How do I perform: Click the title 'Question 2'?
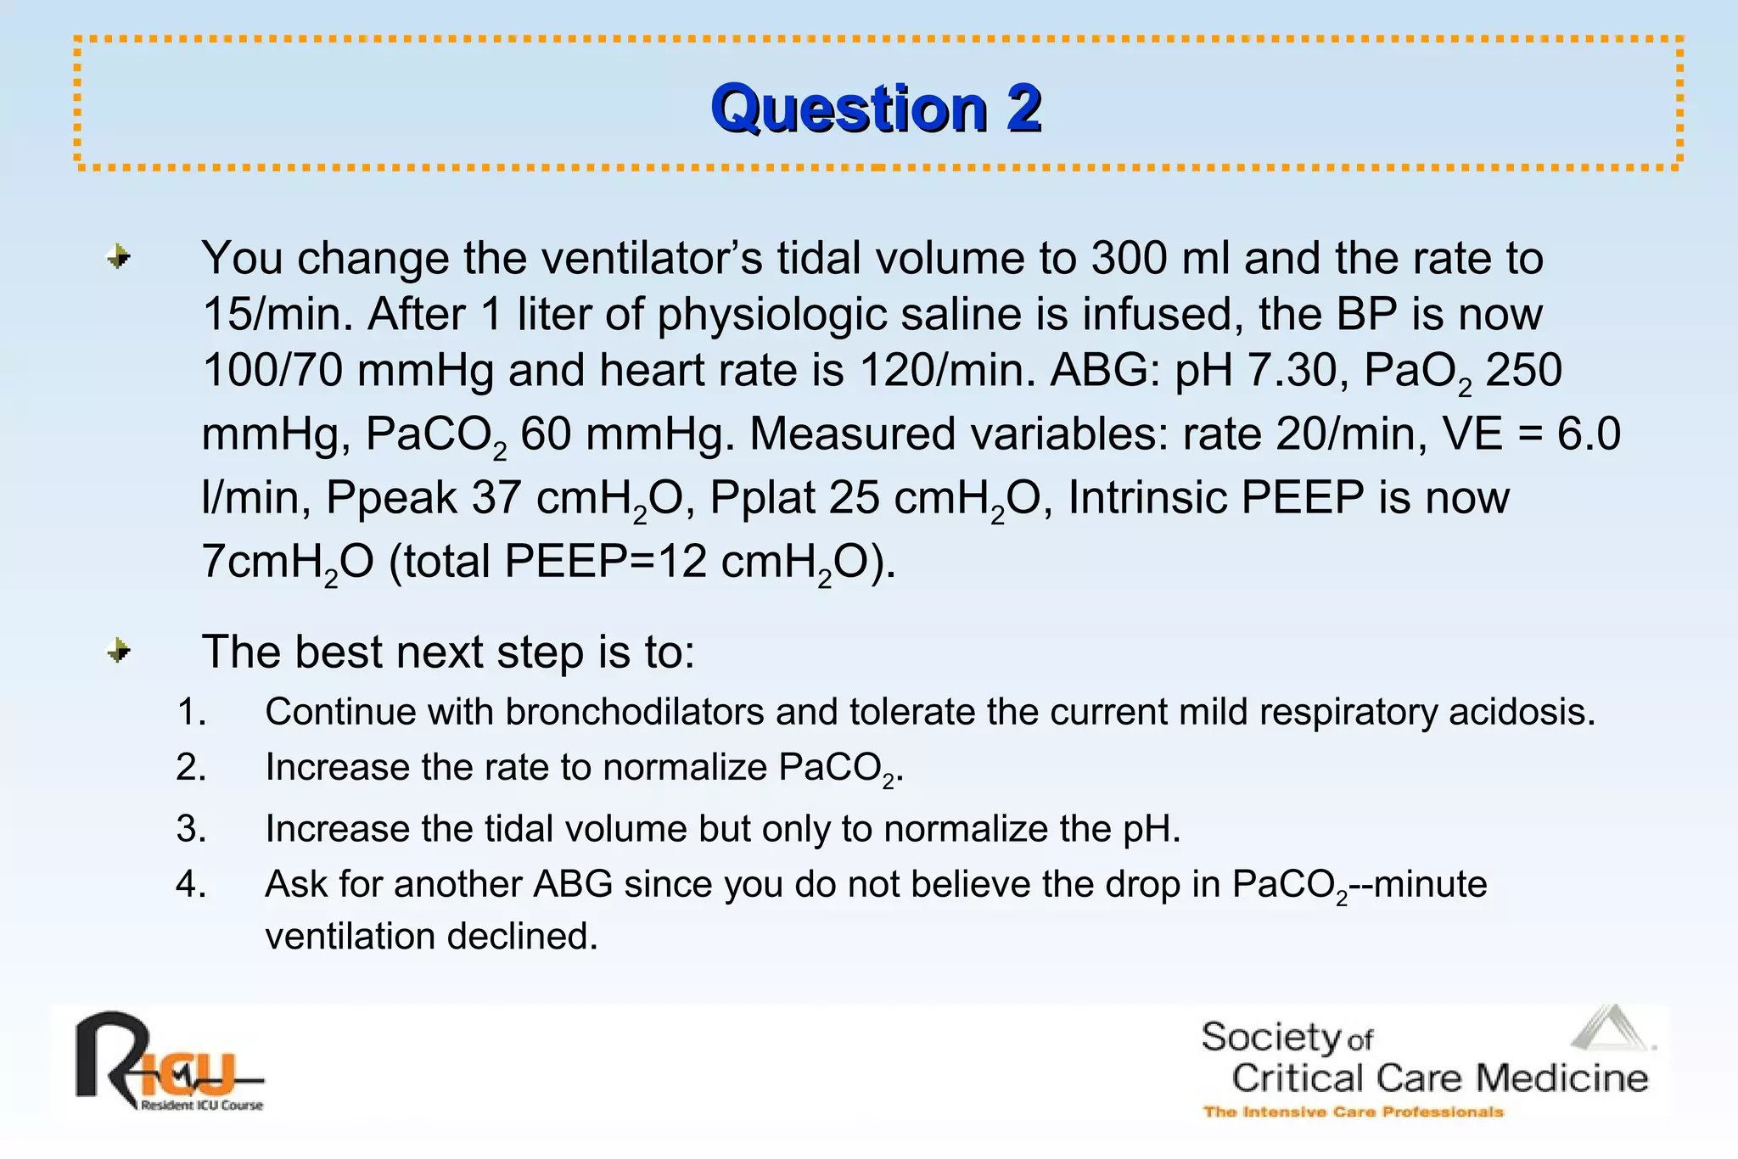coord(876,109)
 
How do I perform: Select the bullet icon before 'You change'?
coord(120,256)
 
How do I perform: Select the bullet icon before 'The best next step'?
coord(120,651)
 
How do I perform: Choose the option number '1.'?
coord(192,711)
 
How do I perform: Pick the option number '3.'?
coord(192,828)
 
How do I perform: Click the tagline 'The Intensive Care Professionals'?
coord(1353,1111)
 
